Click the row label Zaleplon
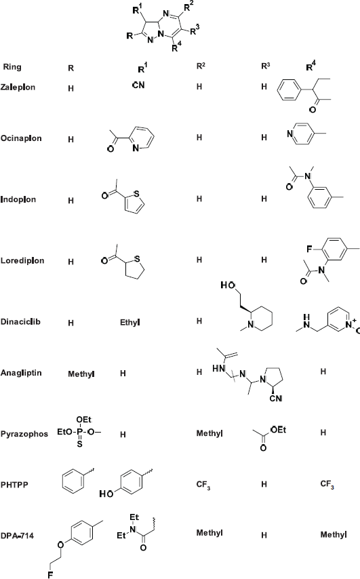tap(18, 87)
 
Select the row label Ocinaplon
tap(20, 138)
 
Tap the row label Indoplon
tap(18, 200)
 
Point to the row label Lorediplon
tap(22, 261)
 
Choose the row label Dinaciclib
tap(20, 321)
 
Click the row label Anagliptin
tap(20, 373)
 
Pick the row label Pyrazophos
tap(24, 434)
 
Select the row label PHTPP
tap(14, 485)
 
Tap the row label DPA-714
tap(17, 536)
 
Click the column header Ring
tap(12, 67)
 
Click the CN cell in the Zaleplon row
tap(138, 85)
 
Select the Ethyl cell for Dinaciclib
tap(130, 323)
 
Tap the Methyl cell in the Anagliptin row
tap(81, 374)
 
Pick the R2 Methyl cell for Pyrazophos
tap(209, 433)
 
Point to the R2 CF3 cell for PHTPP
tap(203, 485)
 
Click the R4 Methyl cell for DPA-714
tap(334, 535)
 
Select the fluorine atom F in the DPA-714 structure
tap(50, 574)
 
